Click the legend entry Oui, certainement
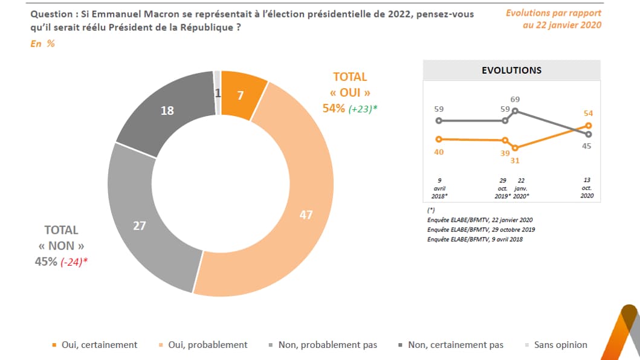tap(94, 345)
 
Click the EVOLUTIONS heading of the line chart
tap(511, 70)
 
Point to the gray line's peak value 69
tap(515, 100)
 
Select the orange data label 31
tap(515, 160)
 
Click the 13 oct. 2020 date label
tap(587, 188)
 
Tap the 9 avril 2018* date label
tap(439, 188)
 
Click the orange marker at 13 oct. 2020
tap(588, 126)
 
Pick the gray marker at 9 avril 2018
tap(439, 121)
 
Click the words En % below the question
tap(42, 43)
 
